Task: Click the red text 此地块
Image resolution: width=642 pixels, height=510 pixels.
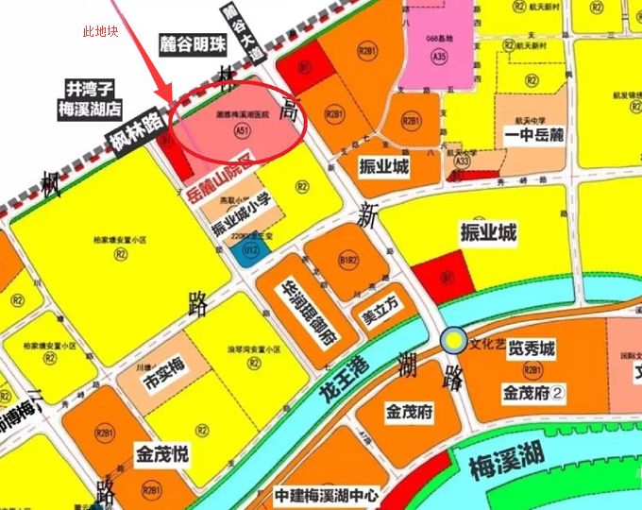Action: coord(101,32)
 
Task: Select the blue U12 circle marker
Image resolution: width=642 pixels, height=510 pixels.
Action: coord(250,250)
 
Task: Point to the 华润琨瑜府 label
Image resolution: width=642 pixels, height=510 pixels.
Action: coord(307,312)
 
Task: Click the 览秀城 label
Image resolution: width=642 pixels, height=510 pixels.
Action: coord(532,349)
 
